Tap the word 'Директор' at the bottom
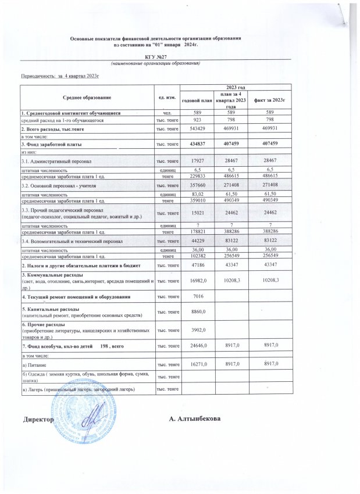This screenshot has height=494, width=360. [38, 419]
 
